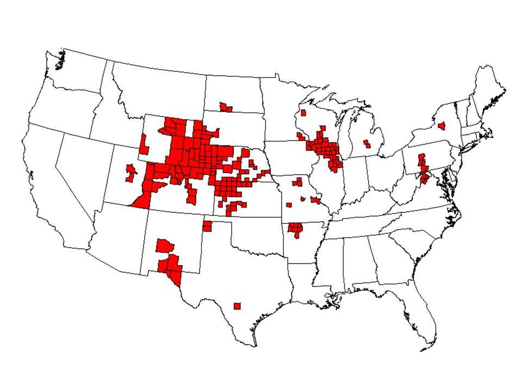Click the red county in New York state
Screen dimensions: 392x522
click(442, 125)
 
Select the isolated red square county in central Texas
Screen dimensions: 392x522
click(237, 306)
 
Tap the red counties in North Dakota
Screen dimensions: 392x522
click(225, 107)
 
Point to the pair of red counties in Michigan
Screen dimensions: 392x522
click(367, 144)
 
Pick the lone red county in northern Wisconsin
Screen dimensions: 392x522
click(303, 113)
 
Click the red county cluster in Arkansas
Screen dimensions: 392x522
click(295, 229)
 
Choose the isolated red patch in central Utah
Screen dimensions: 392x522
click(130, 173)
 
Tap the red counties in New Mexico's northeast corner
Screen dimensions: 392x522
click(207, 226)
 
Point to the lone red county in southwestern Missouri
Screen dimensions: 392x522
click(288, 205)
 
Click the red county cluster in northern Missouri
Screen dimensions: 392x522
click(297, 182)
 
